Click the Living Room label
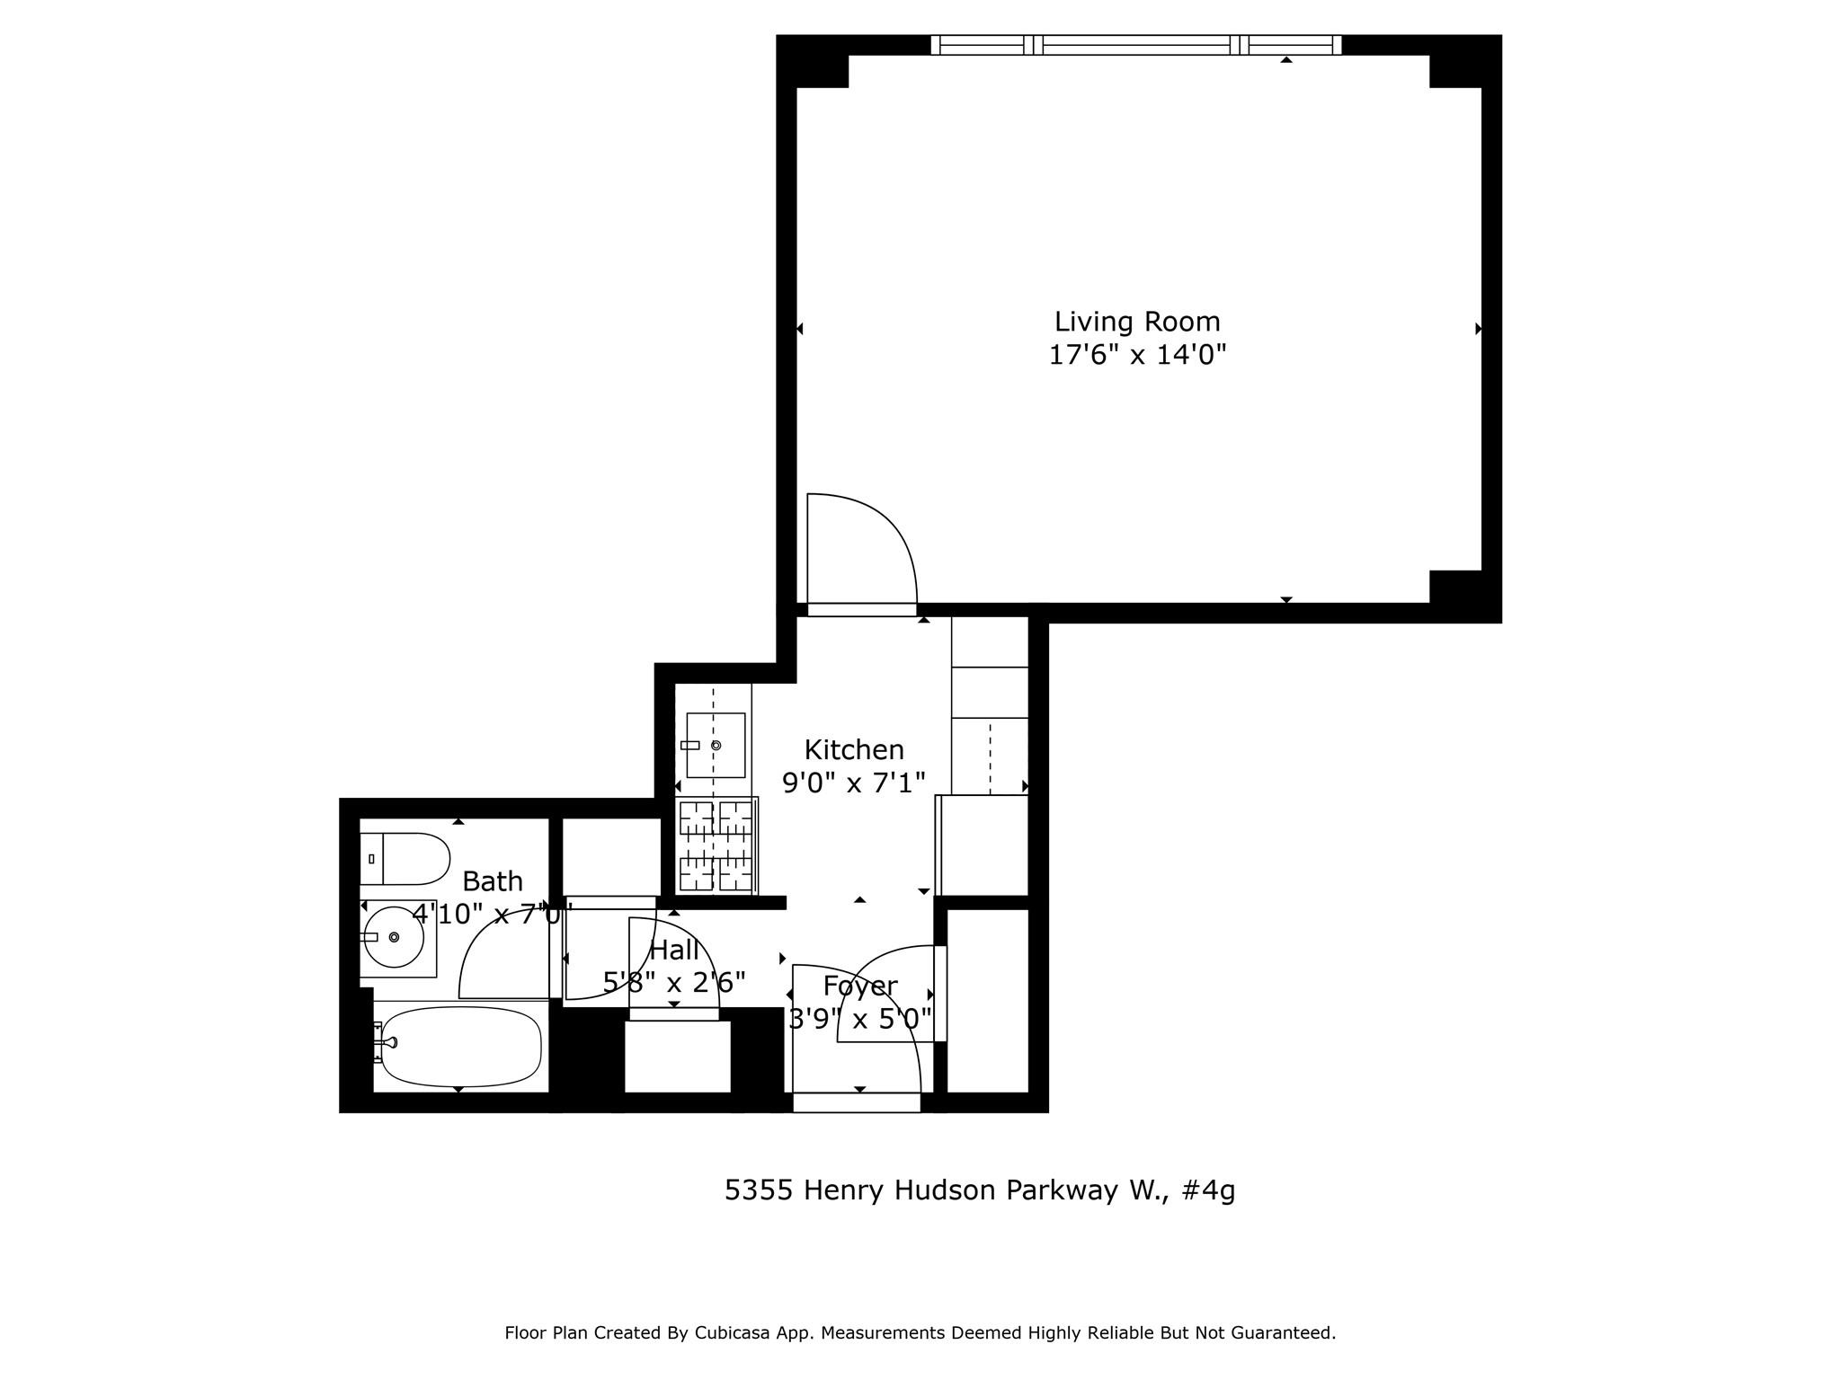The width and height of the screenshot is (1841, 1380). pyautogui.click(x=1136, y=322)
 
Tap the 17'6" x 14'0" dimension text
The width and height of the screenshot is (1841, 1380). pyautogui.click(x=1137, y=356)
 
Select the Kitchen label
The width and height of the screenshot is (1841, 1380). pyautogui.click(x=853, y=749)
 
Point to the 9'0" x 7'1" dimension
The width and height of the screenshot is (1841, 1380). pyautogui.click(x=853, y=783)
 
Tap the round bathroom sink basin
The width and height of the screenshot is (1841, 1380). pyautogui.click(x=394, y=937)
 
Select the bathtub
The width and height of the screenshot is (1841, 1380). pyautogui.click(x=460, y=1047)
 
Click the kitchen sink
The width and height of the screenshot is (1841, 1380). pyautogui.click(x=715, y=745)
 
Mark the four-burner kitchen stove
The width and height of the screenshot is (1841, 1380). pyautogui.click(x=716, y=845)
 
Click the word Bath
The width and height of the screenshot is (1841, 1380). pyautogui.click(x=492, y=880)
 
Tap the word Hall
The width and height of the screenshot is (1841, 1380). pyautogui.click(x=673, y=950)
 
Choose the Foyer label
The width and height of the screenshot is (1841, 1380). pyautogui.click(x=860, y=986)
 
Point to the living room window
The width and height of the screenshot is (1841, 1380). pyautogui.click(x=1135, y=45)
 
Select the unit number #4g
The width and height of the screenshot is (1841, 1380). pyautogui.click(x=1208, y=1190)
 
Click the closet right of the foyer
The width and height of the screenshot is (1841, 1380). pyautogui.click(x=987, y=1000)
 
